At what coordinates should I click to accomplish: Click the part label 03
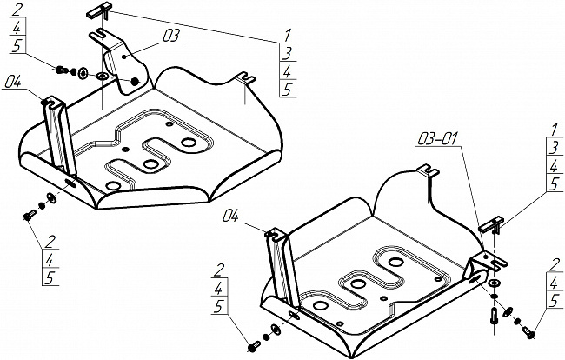pos(170,36)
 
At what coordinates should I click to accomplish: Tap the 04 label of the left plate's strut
pos(12,82)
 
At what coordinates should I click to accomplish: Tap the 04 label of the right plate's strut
pos(230,214)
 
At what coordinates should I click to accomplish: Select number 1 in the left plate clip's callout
pos(286,37)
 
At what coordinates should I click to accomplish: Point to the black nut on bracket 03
pos(136,82)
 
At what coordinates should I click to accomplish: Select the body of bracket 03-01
pos(480,263)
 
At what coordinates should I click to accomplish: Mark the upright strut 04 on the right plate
pos(278,266)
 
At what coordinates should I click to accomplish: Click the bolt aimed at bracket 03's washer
pos(63,70)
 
